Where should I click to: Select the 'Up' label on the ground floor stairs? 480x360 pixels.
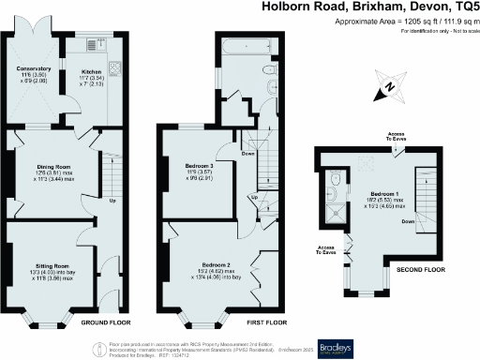[114, 200]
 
